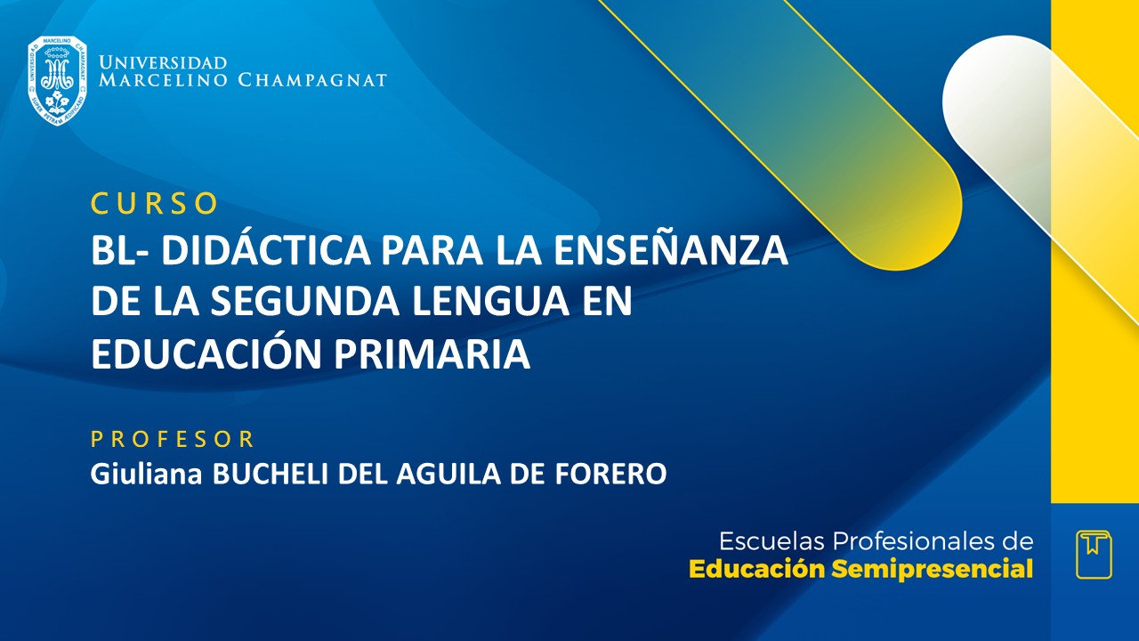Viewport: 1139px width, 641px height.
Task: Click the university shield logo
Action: coord(58,80)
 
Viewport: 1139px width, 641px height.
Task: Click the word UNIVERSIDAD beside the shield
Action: coord(163,62)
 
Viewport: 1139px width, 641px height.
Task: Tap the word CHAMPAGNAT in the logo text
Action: coord(312,80)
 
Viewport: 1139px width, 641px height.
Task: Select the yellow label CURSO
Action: coord(155,203)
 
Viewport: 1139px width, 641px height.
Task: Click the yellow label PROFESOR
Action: coord(173,438)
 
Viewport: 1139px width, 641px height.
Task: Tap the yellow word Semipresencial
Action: coord(932,569)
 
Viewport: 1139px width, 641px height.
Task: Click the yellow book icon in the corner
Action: coord(1094,554)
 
